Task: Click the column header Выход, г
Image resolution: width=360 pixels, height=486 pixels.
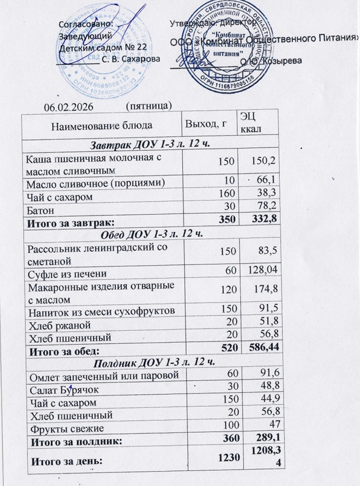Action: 206,124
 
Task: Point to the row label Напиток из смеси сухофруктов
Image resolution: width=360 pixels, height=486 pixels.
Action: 101,310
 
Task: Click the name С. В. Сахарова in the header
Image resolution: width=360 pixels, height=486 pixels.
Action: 130,60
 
